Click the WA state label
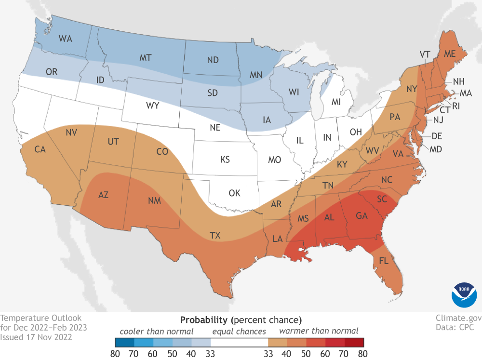[65, 39]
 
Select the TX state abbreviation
[215, 236]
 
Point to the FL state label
[384, 262]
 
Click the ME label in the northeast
[450, 55]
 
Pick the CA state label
[40, 149]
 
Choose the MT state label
[146, 58]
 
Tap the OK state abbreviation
[234, 193]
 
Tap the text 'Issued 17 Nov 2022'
[37, 337]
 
